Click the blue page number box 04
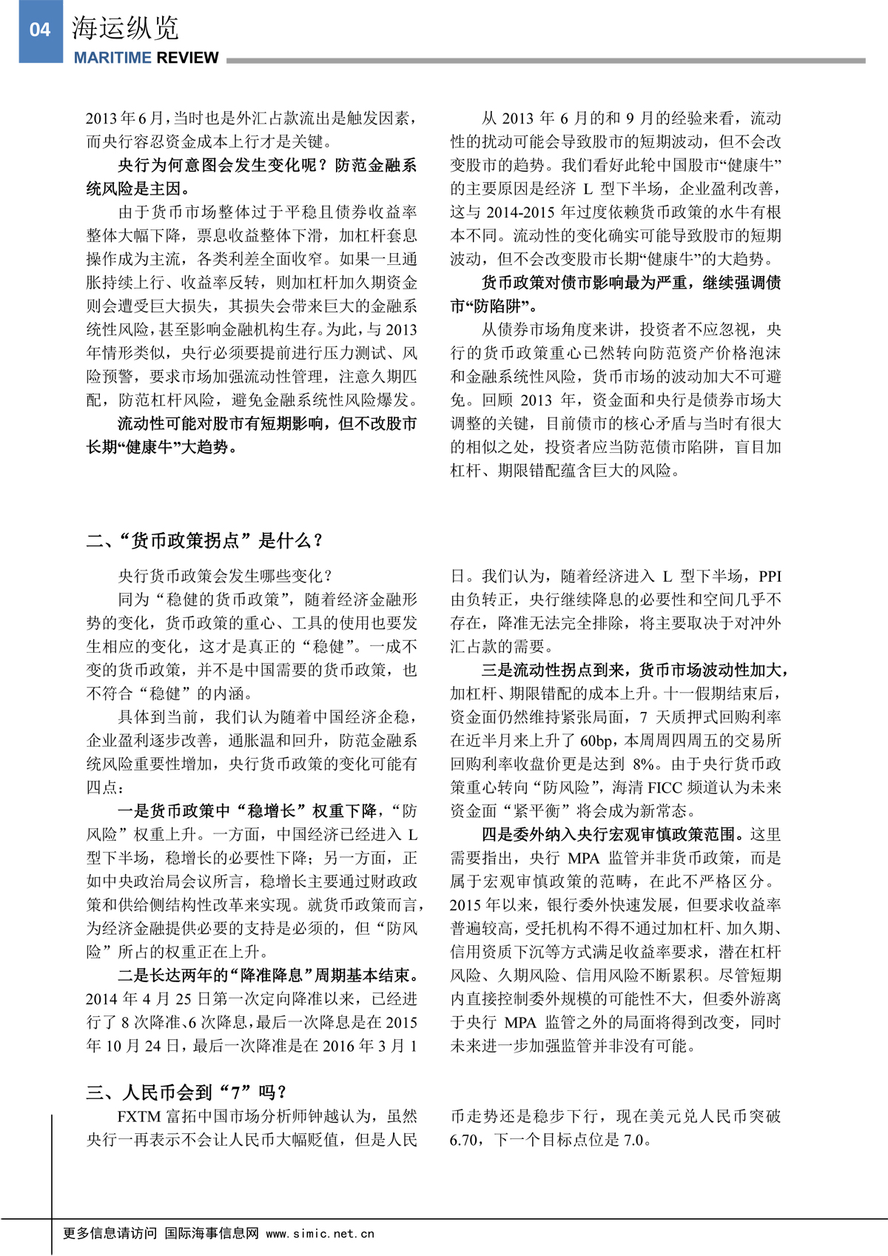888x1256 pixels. click(41, 30)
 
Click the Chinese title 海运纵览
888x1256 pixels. click(125, 29)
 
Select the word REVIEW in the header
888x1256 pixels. click(187, 58)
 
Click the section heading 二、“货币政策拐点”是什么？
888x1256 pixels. click(206, 540)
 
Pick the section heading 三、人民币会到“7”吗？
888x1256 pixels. click(186, 1092)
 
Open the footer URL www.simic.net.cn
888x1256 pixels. click(320, 1234)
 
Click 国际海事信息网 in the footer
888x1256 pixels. click(212, 1234)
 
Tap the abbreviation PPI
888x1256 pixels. click(770, 576)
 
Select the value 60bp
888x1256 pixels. click(596, 741)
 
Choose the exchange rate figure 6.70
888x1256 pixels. click(464, 1140)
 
